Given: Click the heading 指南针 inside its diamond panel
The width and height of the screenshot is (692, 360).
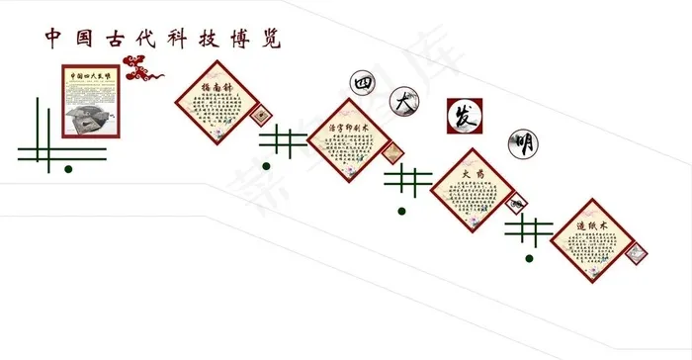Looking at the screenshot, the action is tap(217, 89).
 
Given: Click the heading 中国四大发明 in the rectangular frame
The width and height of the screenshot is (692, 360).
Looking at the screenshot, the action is tap(91, 75).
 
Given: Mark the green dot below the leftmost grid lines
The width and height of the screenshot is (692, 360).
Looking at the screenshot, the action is tap(67, 169).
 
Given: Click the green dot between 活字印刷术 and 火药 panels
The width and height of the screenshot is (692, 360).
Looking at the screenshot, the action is tap(400, 210).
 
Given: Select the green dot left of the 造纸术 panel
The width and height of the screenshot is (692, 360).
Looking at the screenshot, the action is tap(529, 258).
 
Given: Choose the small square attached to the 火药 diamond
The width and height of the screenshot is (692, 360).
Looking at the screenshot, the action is tap(516, 204).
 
